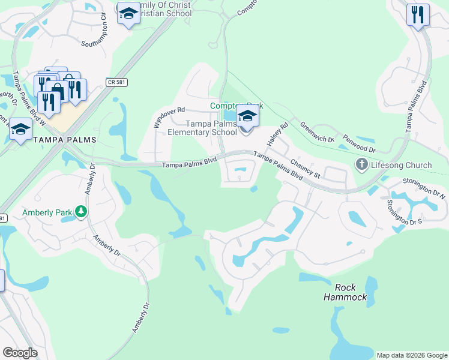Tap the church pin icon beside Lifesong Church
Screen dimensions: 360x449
pos(361,164)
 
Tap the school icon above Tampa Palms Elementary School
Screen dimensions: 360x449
pos(247,116)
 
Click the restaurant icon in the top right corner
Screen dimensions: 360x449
pos(418,14)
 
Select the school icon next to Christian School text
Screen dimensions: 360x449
pos(128,14)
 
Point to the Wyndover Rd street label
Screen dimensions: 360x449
pos(169,115)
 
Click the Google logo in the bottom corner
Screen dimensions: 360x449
pos(20,352)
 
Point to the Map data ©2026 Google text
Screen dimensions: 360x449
pos(412,355)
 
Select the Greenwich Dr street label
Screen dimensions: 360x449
pos(317,133)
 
